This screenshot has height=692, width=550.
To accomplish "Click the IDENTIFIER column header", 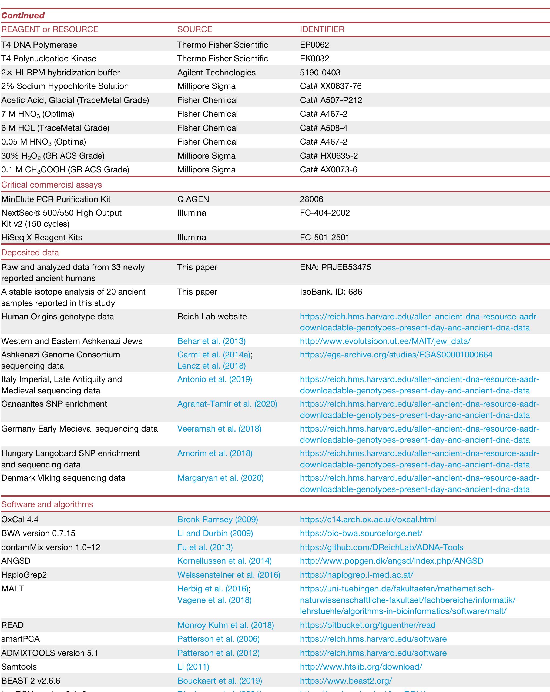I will pyautogui.click(x=322, y=29).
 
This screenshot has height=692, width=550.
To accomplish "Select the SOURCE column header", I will pyautogui.click(x=194, y=29).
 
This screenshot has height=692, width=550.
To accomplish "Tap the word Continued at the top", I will pyautogui.click(x=23, y=15).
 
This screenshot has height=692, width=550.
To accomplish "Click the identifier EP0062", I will pyautogui.click(x=314, y=45).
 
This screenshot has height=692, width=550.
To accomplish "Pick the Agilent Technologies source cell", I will pyautogui.click(x=216, y=72).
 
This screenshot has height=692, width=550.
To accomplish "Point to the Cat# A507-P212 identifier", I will pyautogui.click(x=331, y=100).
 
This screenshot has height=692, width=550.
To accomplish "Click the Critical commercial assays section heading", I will pyautogui.click(x=51, y=185).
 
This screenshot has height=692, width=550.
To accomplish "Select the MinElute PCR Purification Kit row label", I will pyautogui.click(x=56, y=199).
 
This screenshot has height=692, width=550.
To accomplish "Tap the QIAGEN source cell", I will pyautogui.click(x=193, y=199).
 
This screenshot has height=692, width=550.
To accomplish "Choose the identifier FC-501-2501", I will pyautogui.click(x=324, y=238).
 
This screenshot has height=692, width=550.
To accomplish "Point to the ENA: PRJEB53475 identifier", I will pyautogui.click(x=335, y=267).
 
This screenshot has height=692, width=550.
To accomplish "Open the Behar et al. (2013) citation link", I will pyautogui.click(x=212, y=341).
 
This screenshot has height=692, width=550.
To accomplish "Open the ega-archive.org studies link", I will pyautogui.click(x=396, y=355).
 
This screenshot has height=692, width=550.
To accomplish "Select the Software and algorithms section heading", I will pyautogui.click(x=47, y=504).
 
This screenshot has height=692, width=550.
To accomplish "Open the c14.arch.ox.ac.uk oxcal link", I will pyautogui.click(x=368, y=519).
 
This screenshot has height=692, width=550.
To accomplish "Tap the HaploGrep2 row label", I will pyautogui.click(x=24, y=575).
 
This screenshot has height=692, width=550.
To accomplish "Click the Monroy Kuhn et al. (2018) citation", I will pyautogui.click(x=226, y=625).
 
